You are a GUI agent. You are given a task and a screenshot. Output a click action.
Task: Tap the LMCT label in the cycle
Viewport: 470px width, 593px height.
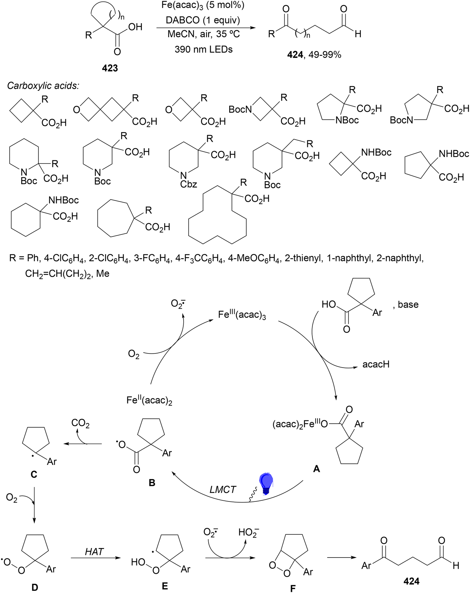(x=223, y=490)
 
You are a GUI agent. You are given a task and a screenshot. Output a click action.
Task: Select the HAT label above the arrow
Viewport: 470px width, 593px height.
(x=94, y=552)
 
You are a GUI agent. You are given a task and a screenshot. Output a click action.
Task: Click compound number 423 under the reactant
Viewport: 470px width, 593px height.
(x=110, y=68)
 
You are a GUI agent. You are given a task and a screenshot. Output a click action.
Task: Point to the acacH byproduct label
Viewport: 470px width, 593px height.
(x=376, y=364)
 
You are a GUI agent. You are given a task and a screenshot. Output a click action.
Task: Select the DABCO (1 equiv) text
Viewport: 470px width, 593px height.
(x=203, y=20)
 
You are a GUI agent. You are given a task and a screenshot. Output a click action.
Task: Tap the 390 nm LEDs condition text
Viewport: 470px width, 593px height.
(x=204, y=49)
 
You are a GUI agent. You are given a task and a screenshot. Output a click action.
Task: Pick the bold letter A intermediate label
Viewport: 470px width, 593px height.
(x=317, y=469)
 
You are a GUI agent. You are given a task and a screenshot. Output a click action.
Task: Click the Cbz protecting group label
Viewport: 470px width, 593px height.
(x=189, y=184)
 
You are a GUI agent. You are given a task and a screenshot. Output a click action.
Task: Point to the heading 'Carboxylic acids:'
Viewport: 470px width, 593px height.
(x=43, y=86)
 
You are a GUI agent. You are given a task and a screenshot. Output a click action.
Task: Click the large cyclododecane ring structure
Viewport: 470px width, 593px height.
(x=218, y=215)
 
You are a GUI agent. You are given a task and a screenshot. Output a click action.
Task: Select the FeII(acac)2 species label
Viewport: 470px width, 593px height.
(x=149, y=400)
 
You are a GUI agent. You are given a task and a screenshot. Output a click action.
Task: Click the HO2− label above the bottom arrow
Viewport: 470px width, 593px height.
(x=249, y=532)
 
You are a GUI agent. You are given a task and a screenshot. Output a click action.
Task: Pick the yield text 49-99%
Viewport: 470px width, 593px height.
(x=325, y=55)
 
